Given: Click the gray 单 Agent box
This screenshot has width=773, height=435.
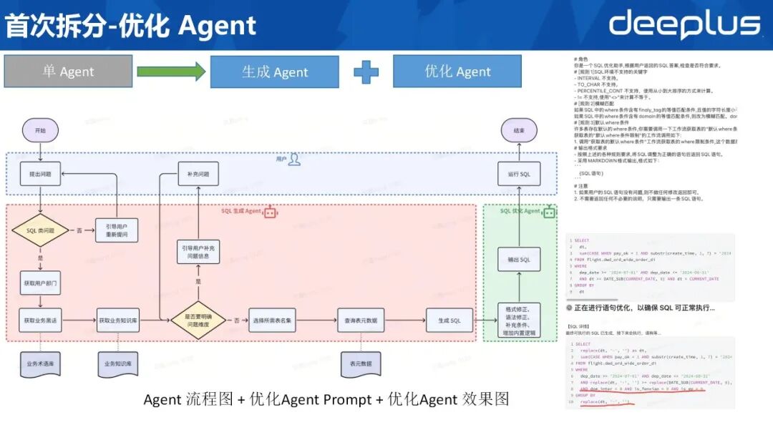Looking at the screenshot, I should tap(68, 72).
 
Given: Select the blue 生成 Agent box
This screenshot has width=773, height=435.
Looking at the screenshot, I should tap(275, 72).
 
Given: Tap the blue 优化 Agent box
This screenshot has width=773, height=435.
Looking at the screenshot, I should tap(457, 72).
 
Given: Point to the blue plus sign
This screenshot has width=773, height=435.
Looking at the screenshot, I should tap(366, 72).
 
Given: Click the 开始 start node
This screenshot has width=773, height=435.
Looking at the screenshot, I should tap(40, 130).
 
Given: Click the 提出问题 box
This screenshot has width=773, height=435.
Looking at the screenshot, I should tap(40, 174).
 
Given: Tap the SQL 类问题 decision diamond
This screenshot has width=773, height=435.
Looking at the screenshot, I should tap(40, 230).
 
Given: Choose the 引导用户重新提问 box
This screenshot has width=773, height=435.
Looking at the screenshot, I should tap(117, 230).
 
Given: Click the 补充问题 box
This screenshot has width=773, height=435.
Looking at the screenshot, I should tap(198, 174).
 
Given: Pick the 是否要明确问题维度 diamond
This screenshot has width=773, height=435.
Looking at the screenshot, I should tap(198, 320).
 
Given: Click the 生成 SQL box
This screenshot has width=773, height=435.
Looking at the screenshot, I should tap(449, 320).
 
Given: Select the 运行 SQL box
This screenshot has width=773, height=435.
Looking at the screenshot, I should tap(520, 174).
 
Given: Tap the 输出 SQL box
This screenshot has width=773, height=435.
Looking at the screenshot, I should tap(520, 259).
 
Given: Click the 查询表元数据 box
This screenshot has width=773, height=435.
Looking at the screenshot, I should tap(361, 320).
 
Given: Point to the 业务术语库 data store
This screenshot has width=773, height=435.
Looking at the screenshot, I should tap(40, 363).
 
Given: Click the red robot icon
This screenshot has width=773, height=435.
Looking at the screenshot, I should tap(271, 212).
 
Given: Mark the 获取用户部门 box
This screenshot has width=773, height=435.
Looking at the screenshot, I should tap(40, 283).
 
